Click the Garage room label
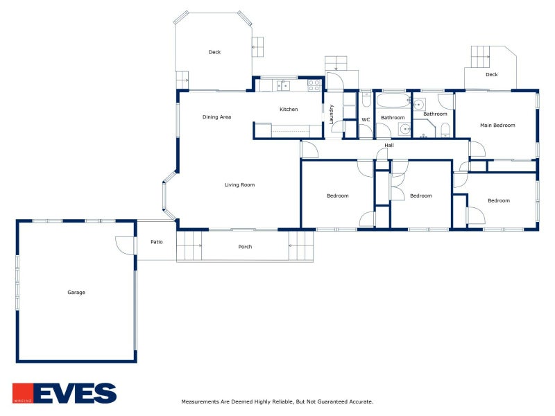pos(76,292)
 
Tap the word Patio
pos(157,242)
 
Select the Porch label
pos(245,247)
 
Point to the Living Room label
pos(239,184)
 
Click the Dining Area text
pos(216,117)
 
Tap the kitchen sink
pos(283,85)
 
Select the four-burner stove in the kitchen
pos(314,85)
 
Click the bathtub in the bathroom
pos(393,101)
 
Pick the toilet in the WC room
pos(366,100)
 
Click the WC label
pos(366,119)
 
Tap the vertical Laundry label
pos(332,114)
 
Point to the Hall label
pos(389,145)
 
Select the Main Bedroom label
pos(497,125)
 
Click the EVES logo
pos(65,393)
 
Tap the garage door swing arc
pos(122,248)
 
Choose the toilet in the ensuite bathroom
pos(445,130)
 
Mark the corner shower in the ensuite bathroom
pos(424,128)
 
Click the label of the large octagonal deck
pos(214,52)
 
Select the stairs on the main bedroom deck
pos(480,57)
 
